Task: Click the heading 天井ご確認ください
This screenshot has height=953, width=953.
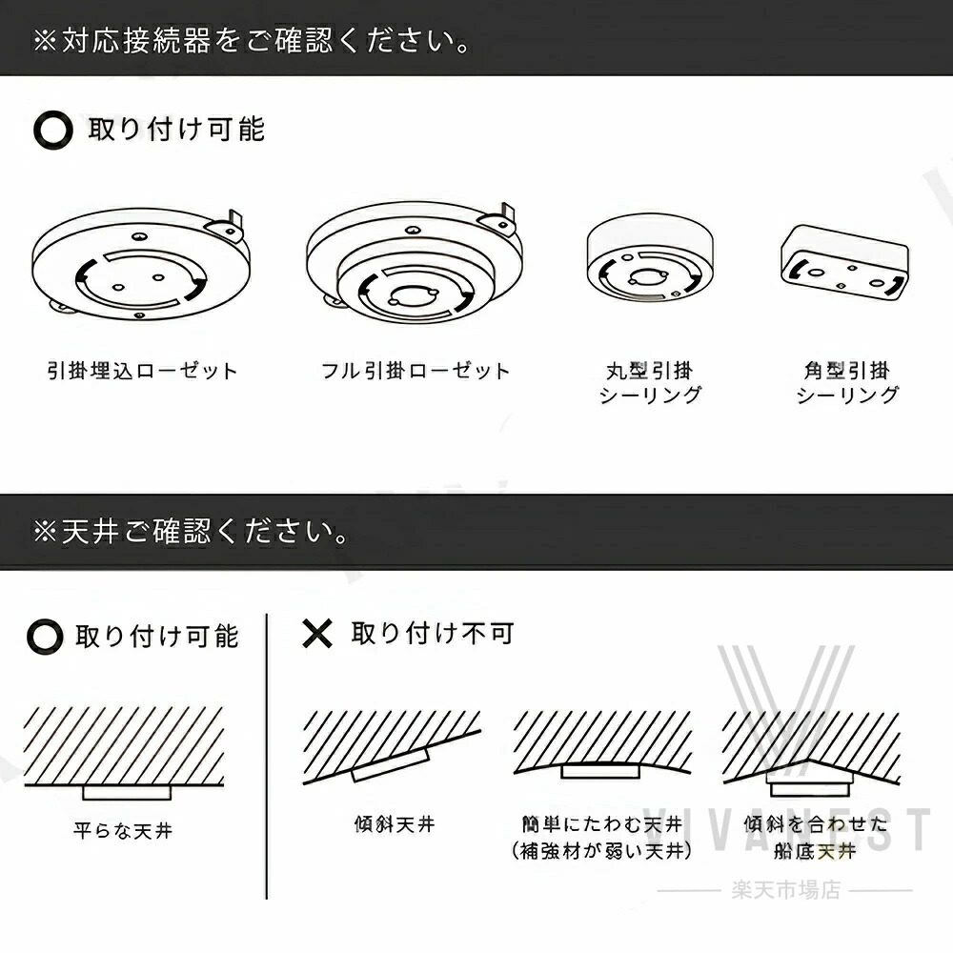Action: [x=191, y=532]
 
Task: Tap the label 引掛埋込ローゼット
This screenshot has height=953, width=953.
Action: [x=142, y=371]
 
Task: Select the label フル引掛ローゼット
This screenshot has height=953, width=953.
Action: [x=416, y=371]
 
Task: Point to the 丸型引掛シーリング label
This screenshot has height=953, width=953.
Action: [x=650, y=383]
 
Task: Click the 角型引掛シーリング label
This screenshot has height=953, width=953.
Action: [x=846, y=383]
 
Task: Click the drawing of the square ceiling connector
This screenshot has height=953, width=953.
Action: [x=844, y=263]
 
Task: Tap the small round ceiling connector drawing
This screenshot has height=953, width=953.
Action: [x=650, y=258]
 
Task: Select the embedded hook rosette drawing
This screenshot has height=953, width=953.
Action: [x=141, y=264]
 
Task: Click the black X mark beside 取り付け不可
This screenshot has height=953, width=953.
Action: [x=317, y=634]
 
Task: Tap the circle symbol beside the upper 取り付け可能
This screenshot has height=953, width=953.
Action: [x=52, y=130]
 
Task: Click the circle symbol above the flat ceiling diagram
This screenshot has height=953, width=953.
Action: [x=45, y=637]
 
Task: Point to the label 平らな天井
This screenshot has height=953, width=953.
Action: [x=123, y=830]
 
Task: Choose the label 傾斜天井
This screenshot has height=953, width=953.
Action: [x=395, y=824]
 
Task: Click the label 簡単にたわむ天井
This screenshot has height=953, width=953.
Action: [x=601, y=824]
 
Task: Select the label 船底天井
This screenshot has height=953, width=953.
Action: [x=815, y=851]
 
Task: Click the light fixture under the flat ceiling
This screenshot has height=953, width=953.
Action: [x=127, y=793]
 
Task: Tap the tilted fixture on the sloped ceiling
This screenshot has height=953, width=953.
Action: [x=391, y=764]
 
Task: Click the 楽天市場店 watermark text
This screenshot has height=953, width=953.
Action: [x=786, y=890]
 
